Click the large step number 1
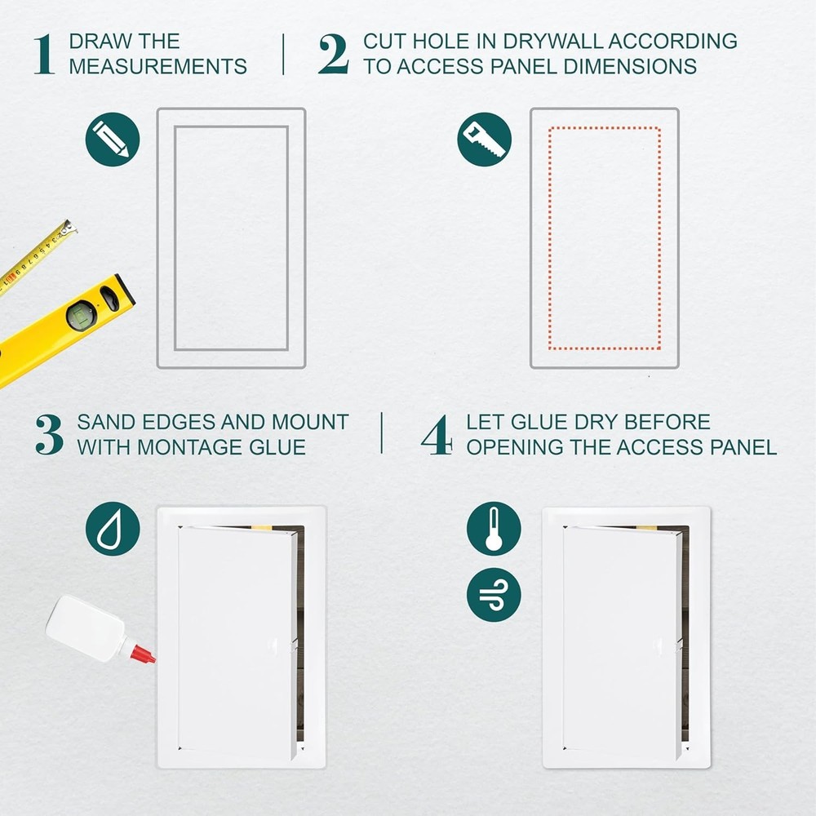(45, 55)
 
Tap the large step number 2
(333, 55)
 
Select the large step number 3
(49, 435)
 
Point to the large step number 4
(437, 435)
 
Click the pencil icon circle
(113, 140)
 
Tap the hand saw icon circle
(485, 140)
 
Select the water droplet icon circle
(113, 529)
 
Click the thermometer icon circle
(494, 529)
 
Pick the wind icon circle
(494, 595)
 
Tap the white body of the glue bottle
(82, 627)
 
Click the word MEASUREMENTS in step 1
(157, 67)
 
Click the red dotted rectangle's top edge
(605, 128)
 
